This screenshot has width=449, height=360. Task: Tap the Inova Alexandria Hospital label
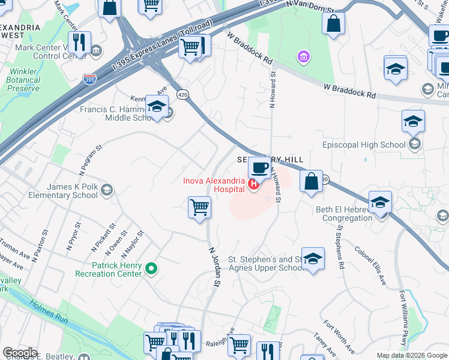pyautogui.click(x=215, y=184)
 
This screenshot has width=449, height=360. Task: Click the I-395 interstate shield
pyautogui.click(x=88, y=79)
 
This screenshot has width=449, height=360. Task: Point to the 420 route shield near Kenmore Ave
pyautogui.click(x=182, y=94)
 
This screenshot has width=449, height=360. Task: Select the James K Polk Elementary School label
pyautogui.click(x=60, y=191)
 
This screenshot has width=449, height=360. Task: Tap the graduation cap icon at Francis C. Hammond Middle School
pyautogui.click(x=157, y=107)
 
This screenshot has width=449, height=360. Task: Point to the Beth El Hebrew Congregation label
pyautogui.click(x=344, y=214)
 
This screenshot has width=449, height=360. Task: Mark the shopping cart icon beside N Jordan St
pyautogui.click(x=199, y=208)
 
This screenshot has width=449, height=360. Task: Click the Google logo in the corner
pyautogui.click(x=20, y=353)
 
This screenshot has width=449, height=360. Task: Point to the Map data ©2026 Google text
pyautogui.click(x=412, y=355)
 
